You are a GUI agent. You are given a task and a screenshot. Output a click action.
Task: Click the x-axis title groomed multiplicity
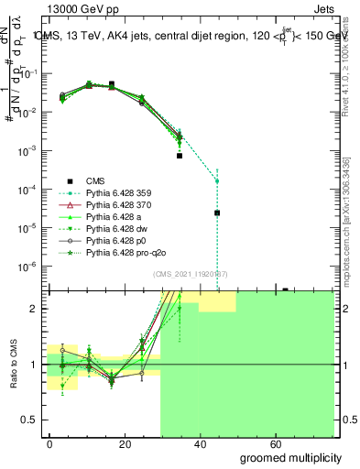(x=291, y=456)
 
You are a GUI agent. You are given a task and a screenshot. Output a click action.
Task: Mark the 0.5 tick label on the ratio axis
(x=29, y=420)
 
